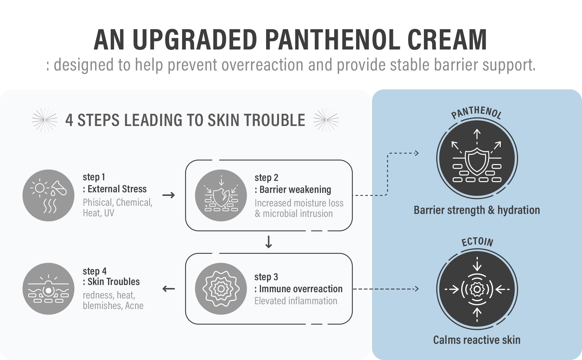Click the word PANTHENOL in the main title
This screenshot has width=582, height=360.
[332, 40]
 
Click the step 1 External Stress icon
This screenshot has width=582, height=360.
[48, 195]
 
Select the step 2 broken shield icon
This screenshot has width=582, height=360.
[221, 195]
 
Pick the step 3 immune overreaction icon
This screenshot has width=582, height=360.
[221, 289]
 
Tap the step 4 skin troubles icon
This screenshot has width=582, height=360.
[48, 289]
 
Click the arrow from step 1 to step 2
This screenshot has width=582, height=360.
[169, 195]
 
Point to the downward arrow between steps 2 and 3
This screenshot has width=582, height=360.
[268, 242]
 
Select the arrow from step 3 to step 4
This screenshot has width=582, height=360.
[169, 289]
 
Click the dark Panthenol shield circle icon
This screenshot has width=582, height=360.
[477, 158]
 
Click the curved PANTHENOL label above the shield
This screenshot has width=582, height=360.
[476, 112]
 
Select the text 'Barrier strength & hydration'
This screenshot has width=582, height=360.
[477, 210]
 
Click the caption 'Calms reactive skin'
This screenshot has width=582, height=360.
[477, 340]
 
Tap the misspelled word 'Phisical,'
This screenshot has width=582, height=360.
[98, 202]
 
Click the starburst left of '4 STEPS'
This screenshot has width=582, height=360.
[44, 120]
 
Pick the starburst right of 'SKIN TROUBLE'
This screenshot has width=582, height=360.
[326, 120]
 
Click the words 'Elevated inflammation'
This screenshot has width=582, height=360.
[296, 301]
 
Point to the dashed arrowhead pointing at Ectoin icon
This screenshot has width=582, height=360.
[416, 289]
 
